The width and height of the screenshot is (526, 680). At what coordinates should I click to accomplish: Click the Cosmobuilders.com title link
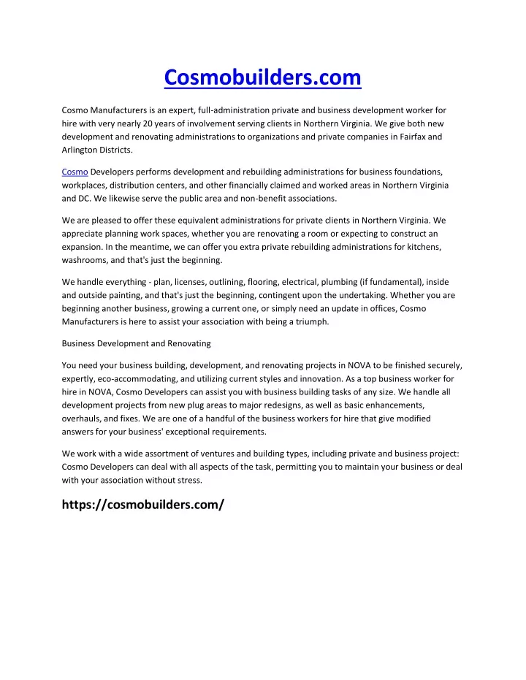click(262, 76)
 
